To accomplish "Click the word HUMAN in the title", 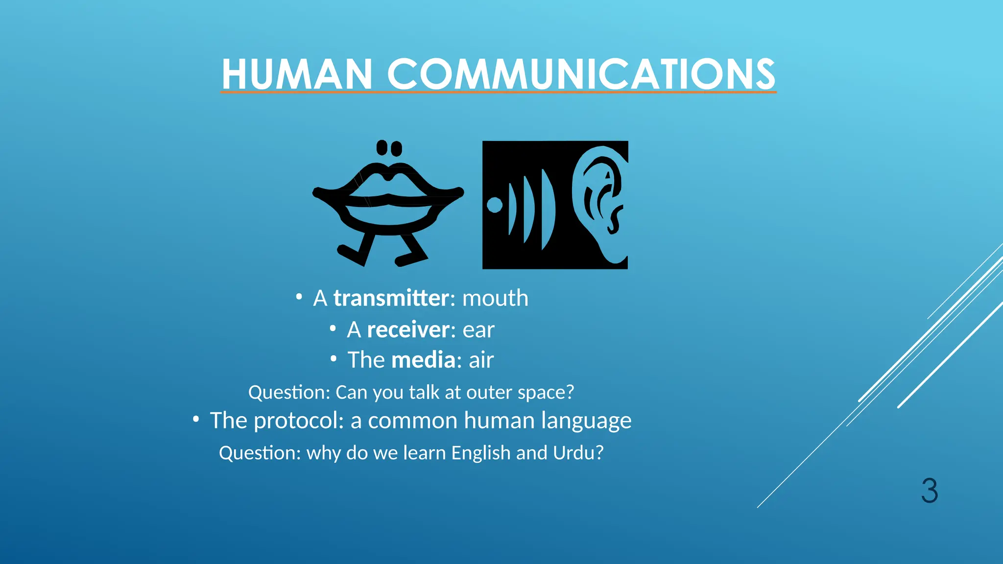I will point(297,74).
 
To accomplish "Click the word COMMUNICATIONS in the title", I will point(581,74).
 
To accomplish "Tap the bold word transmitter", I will point(391,298).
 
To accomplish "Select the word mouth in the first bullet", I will point(495,298).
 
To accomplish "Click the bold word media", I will point(424,360).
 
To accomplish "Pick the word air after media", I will point(481,360).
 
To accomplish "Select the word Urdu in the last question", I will point(577,453).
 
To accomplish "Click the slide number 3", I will point(929,491).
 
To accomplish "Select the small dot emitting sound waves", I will point(495,205).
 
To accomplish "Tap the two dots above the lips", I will point(389,148).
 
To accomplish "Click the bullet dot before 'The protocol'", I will point(196,419).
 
